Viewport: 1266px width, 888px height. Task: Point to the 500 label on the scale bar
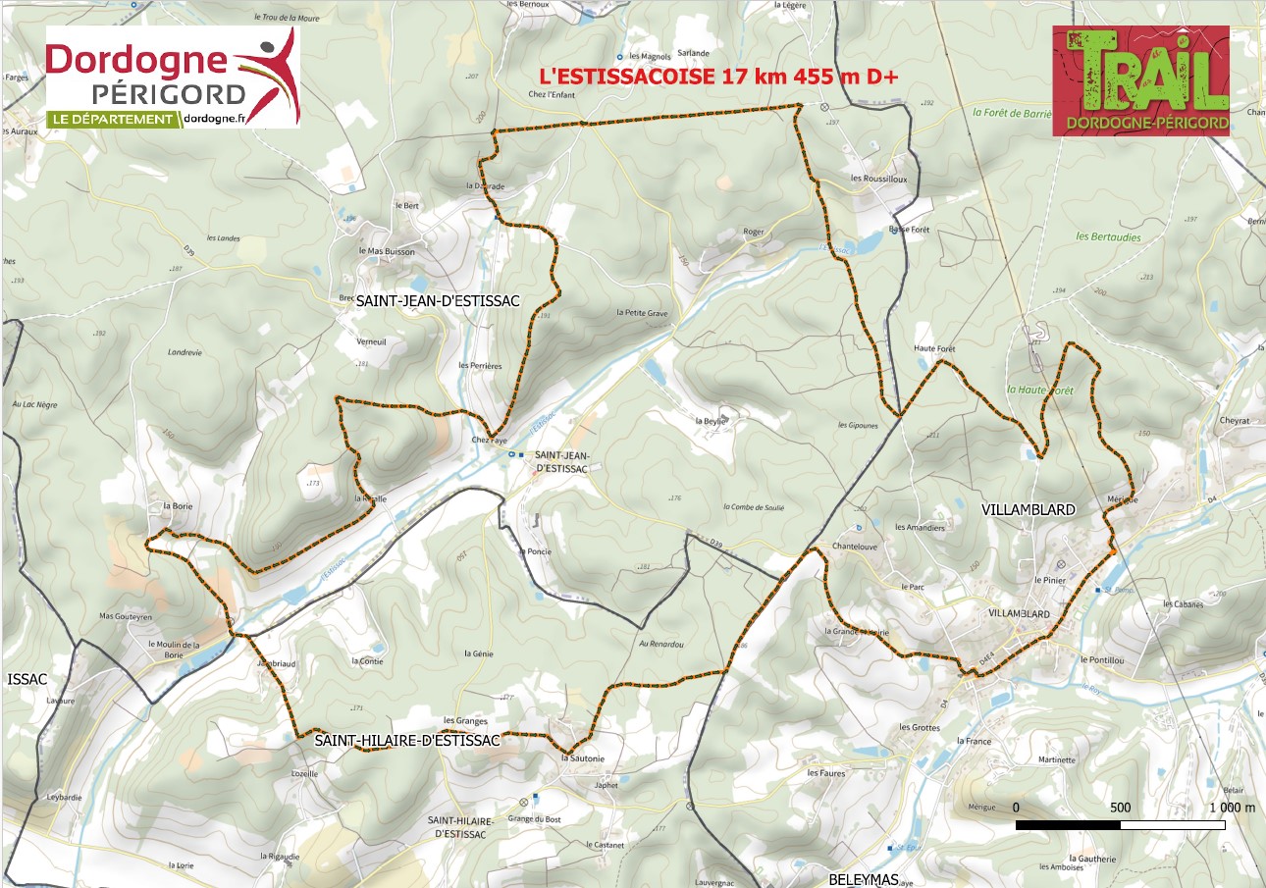pyautogui.click(x=1120, y=808)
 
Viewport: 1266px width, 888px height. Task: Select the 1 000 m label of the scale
pyautogui.click(x=1232, y=808)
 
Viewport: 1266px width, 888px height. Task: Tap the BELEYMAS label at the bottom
pyautogui.click(x=864, y=879)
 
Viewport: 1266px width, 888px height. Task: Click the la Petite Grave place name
pyautogui.click(x=642, y=313)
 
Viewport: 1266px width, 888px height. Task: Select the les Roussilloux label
pyautogui.click(x=878, y=179)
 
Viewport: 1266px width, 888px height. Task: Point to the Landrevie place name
pyautogui.click(x=184, y=352)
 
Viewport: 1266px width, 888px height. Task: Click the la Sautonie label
pyautogui.click(x=583, y=758)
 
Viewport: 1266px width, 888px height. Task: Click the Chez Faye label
pyautogui.click(x=487, y=440)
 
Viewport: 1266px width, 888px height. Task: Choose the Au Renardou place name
pyautogui.click(x=660, y=645)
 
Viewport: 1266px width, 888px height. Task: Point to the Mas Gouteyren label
pyautogui.click(x=126, y=617)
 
